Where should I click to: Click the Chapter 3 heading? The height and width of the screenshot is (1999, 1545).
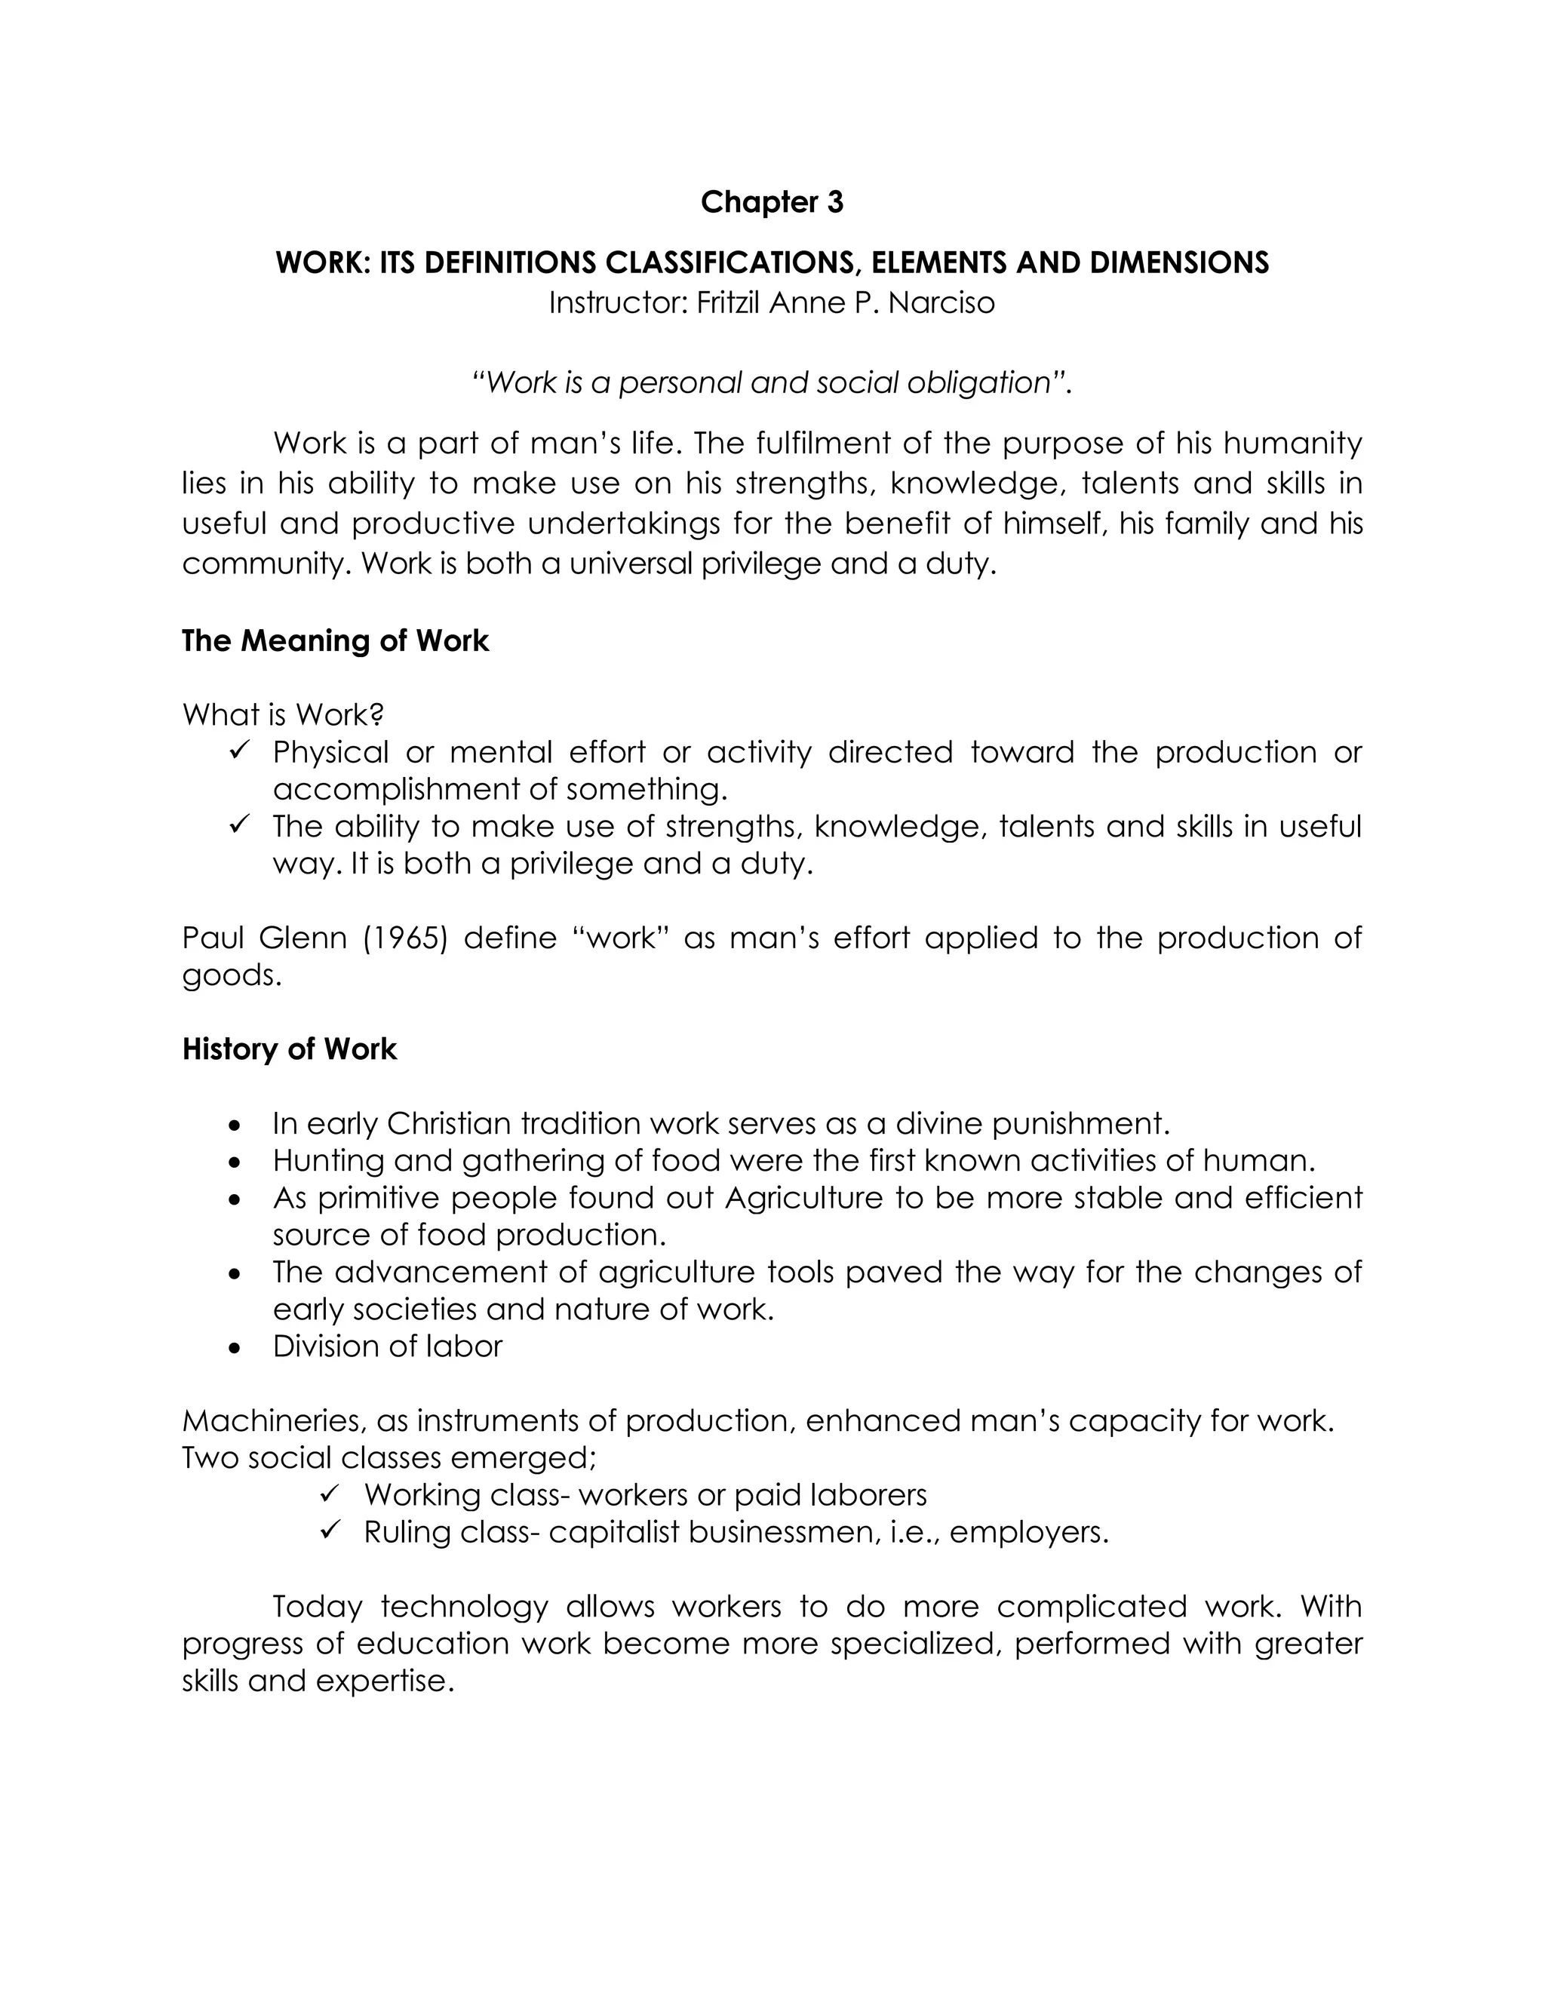tap(772, 202)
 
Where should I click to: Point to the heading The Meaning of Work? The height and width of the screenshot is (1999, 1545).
tap(335, 640)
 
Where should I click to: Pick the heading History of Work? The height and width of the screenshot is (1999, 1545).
tap(289, 1049)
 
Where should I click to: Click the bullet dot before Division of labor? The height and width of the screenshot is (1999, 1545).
tap(236, 1348)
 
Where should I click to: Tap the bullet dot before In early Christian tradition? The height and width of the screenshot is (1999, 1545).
tap(236, 1125)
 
